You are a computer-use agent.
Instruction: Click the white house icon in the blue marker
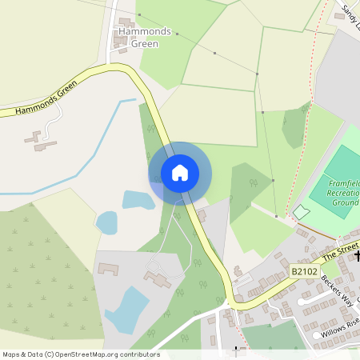[180, 173]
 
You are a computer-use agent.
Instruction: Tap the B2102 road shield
[303, 273]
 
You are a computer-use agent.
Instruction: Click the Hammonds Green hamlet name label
[144, 37]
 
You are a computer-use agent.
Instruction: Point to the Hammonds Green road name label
[46, 98]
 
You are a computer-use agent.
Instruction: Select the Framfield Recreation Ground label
[345, 192]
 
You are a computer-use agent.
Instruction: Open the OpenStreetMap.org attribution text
[80, 354]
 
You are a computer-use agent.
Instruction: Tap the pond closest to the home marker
[138, 199]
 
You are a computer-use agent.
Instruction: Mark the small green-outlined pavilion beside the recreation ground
[301, 211]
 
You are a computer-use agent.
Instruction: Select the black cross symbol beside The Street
[357, 257]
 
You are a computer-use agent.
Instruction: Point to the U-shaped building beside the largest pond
[108, 269]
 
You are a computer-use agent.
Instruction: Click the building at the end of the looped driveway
[158, 280]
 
